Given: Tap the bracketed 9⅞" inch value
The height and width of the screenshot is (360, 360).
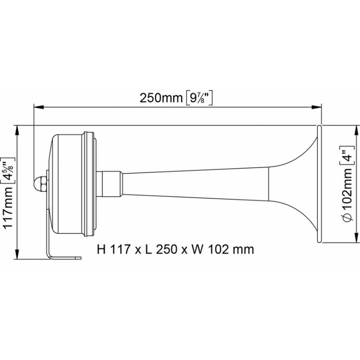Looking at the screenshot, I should pyautogui.click(x=199, y=98).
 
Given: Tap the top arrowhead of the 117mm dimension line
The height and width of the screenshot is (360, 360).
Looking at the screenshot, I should pyautogui.click(x=19, y=129).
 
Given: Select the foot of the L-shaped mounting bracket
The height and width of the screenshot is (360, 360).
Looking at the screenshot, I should pyautogui.click(x=64, y=256).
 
